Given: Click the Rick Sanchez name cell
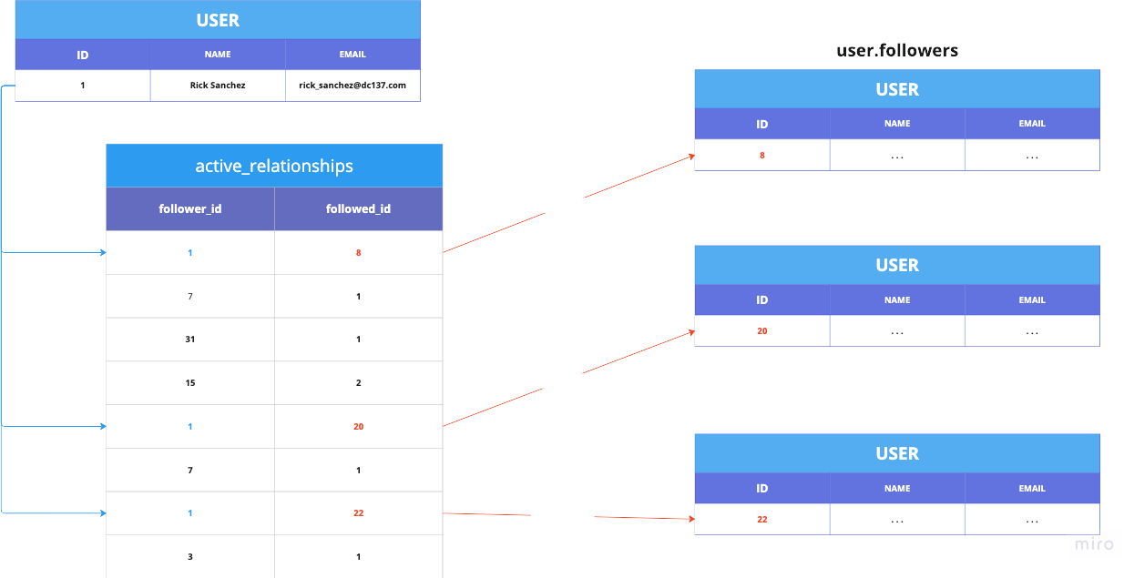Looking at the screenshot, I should pos(218,86).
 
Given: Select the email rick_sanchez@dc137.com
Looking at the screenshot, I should pos(353,86).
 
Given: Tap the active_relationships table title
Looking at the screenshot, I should pos(274,166).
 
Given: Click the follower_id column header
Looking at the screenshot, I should pos(190,208).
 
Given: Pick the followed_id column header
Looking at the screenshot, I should pos(358,208).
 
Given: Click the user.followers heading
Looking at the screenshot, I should pos(897,51).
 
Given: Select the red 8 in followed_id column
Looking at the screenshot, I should pos(359,252).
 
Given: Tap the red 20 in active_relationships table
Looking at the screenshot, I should pos(358,426).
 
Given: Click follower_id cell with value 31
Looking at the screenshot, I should pos(190,340).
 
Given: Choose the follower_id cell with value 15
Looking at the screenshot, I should pos(190,383).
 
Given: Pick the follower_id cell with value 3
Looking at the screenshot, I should pos(190,556).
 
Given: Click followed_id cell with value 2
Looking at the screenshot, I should pos(359,383).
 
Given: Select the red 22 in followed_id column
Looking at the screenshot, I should pos(358,513).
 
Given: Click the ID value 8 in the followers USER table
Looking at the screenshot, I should pos(762,156).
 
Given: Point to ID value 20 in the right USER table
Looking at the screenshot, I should pos(762,331).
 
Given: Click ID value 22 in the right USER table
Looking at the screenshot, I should pos(762,520).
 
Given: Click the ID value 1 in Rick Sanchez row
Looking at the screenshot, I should pos(83,86).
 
